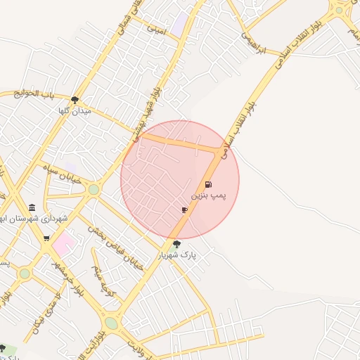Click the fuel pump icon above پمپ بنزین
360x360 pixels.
click(x=208, y=184)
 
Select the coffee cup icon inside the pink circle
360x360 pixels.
click(x=184, y=210)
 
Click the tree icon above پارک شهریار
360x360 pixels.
click(x=176, y=245)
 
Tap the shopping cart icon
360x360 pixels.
click(x=46, y=238)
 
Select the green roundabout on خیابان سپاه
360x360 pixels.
click(x=94, y=189)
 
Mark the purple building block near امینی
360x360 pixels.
click(x=180, y=22)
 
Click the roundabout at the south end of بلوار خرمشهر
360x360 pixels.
click(x=111, y=323)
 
